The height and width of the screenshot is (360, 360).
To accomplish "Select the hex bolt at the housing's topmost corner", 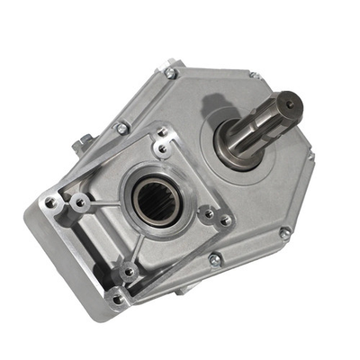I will tap(170, 72).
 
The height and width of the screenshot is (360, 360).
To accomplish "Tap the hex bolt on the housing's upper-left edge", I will tap(122, 129).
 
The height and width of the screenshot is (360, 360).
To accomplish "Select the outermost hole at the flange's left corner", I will tap(51, 202).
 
